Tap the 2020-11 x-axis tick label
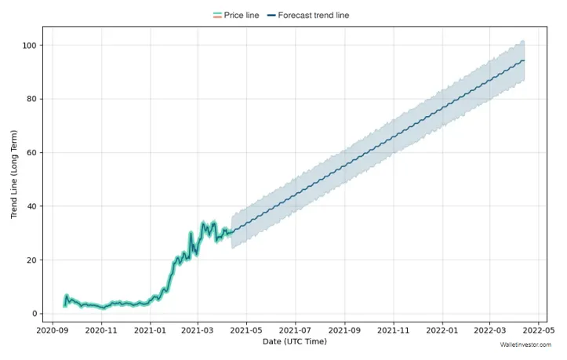[101, 332]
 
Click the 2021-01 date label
[150, 332]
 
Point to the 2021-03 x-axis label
[198, 332]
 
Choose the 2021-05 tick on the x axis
[246, 332]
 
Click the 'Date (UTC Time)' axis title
[294, 342]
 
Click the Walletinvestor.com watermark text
[526, 344]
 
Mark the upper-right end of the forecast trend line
[524, 60]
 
